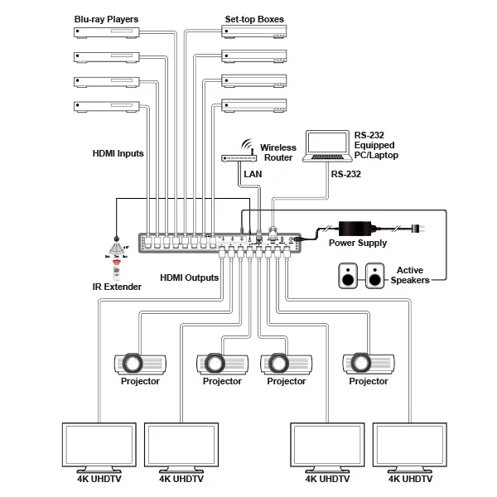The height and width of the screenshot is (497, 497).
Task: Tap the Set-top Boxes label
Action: (255, 19)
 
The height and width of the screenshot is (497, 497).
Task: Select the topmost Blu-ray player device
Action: (108, 33)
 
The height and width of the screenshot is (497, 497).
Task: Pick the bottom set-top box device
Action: (254, 105)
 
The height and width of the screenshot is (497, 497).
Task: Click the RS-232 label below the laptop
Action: (347, 175)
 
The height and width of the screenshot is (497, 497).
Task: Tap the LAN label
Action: (252, 175)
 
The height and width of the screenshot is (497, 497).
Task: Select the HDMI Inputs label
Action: (118, 153)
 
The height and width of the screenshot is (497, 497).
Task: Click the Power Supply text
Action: (358, 244)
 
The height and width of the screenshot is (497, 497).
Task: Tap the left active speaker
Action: (347, 277)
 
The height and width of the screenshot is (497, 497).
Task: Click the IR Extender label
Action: (117, 287)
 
